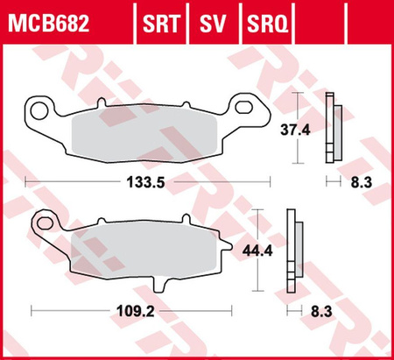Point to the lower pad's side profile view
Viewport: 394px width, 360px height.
click(292, 253)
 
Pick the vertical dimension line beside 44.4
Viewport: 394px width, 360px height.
click(258, 251)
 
